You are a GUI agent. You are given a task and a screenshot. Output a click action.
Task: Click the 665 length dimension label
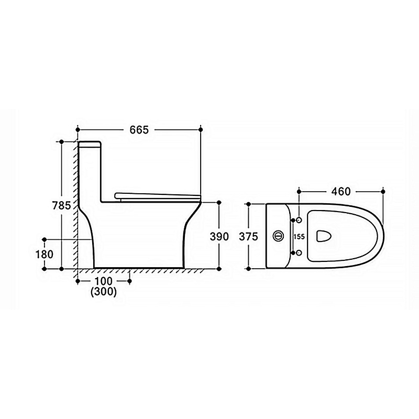tap(139, 130)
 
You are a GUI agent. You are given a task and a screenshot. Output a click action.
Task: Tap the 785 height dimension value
tap(61, 205)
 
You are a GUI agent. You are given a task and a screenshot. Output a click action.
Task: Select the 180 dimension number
tap(45, 255)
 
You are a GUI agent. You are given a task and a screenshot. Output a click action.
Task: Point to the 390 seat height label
tap(219, 237)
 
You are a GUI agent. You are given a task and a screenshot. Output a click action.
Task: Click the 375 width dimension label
tap(248, 237)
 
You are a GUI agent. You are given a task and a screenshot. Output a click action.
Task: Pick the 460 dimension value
tap(341, 191)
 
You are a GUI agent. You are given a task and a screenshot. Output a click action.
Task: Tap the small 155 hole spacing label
tap(299, 237)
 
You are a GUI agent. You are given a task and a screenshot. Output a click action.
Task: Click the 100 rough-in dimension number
tap(104, 281)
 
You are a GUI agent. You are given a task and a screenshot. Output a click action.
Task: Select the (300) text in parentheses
tap(104, 292)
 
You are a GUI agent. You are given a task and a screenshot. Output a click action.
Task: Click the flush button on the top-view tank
tap(278, 236)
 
